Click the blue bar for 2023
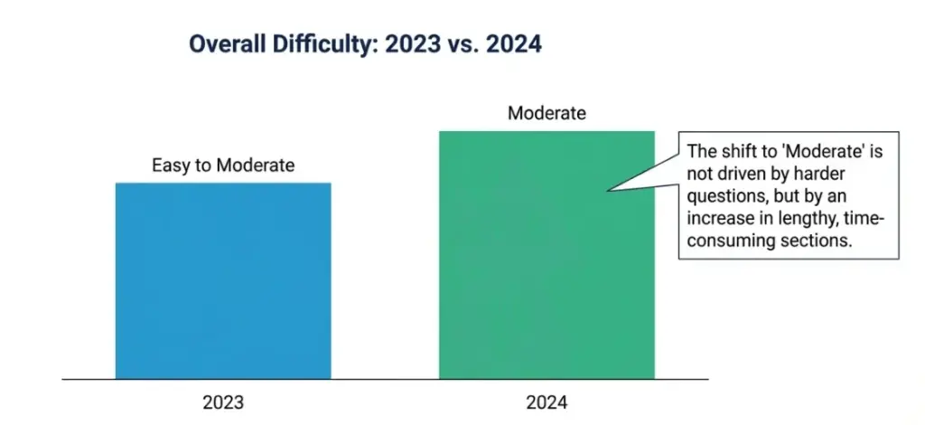coord(223,280)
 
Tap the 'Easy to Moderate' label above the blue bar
coord(222,165)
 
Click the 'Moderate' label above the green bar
coord(547,114)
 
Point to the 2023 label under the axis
coord(223,402)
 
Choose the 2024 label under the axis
coord(547,402)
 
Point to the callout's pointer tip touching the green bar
coord(610,190)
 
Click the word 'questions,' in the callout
coord(725,196)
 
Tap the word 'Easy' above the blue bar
coord(168,165)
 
